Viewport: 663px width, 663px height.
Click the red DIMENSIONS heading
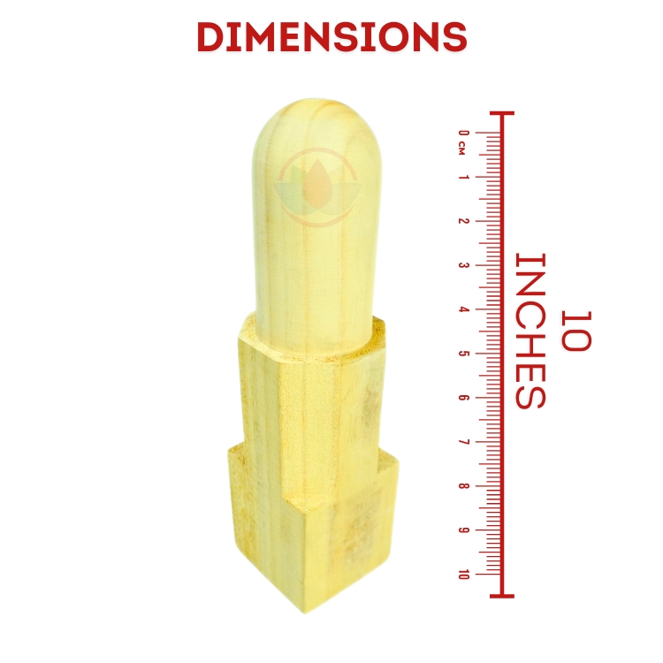click(331, 37)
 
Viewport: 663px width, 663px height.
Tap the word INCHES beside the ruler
click(530, 331)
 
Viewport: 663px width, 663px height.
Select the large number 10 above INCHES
click(575, 331)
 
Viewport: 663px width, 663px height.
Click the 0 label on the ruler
click(464, 133)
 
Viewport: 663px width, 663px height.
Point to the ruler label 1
click(464, 177)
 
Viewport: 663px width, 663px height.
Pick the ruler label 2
click(464, 221)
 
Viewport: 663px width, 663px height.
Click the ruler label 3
click(464, 265)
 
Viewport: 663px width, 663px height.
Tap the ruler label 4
click(464, 309)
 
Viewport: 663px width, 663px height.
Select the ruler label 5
click(464, 354)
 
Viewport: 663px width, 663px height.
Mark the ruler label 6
click(464, 398)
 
